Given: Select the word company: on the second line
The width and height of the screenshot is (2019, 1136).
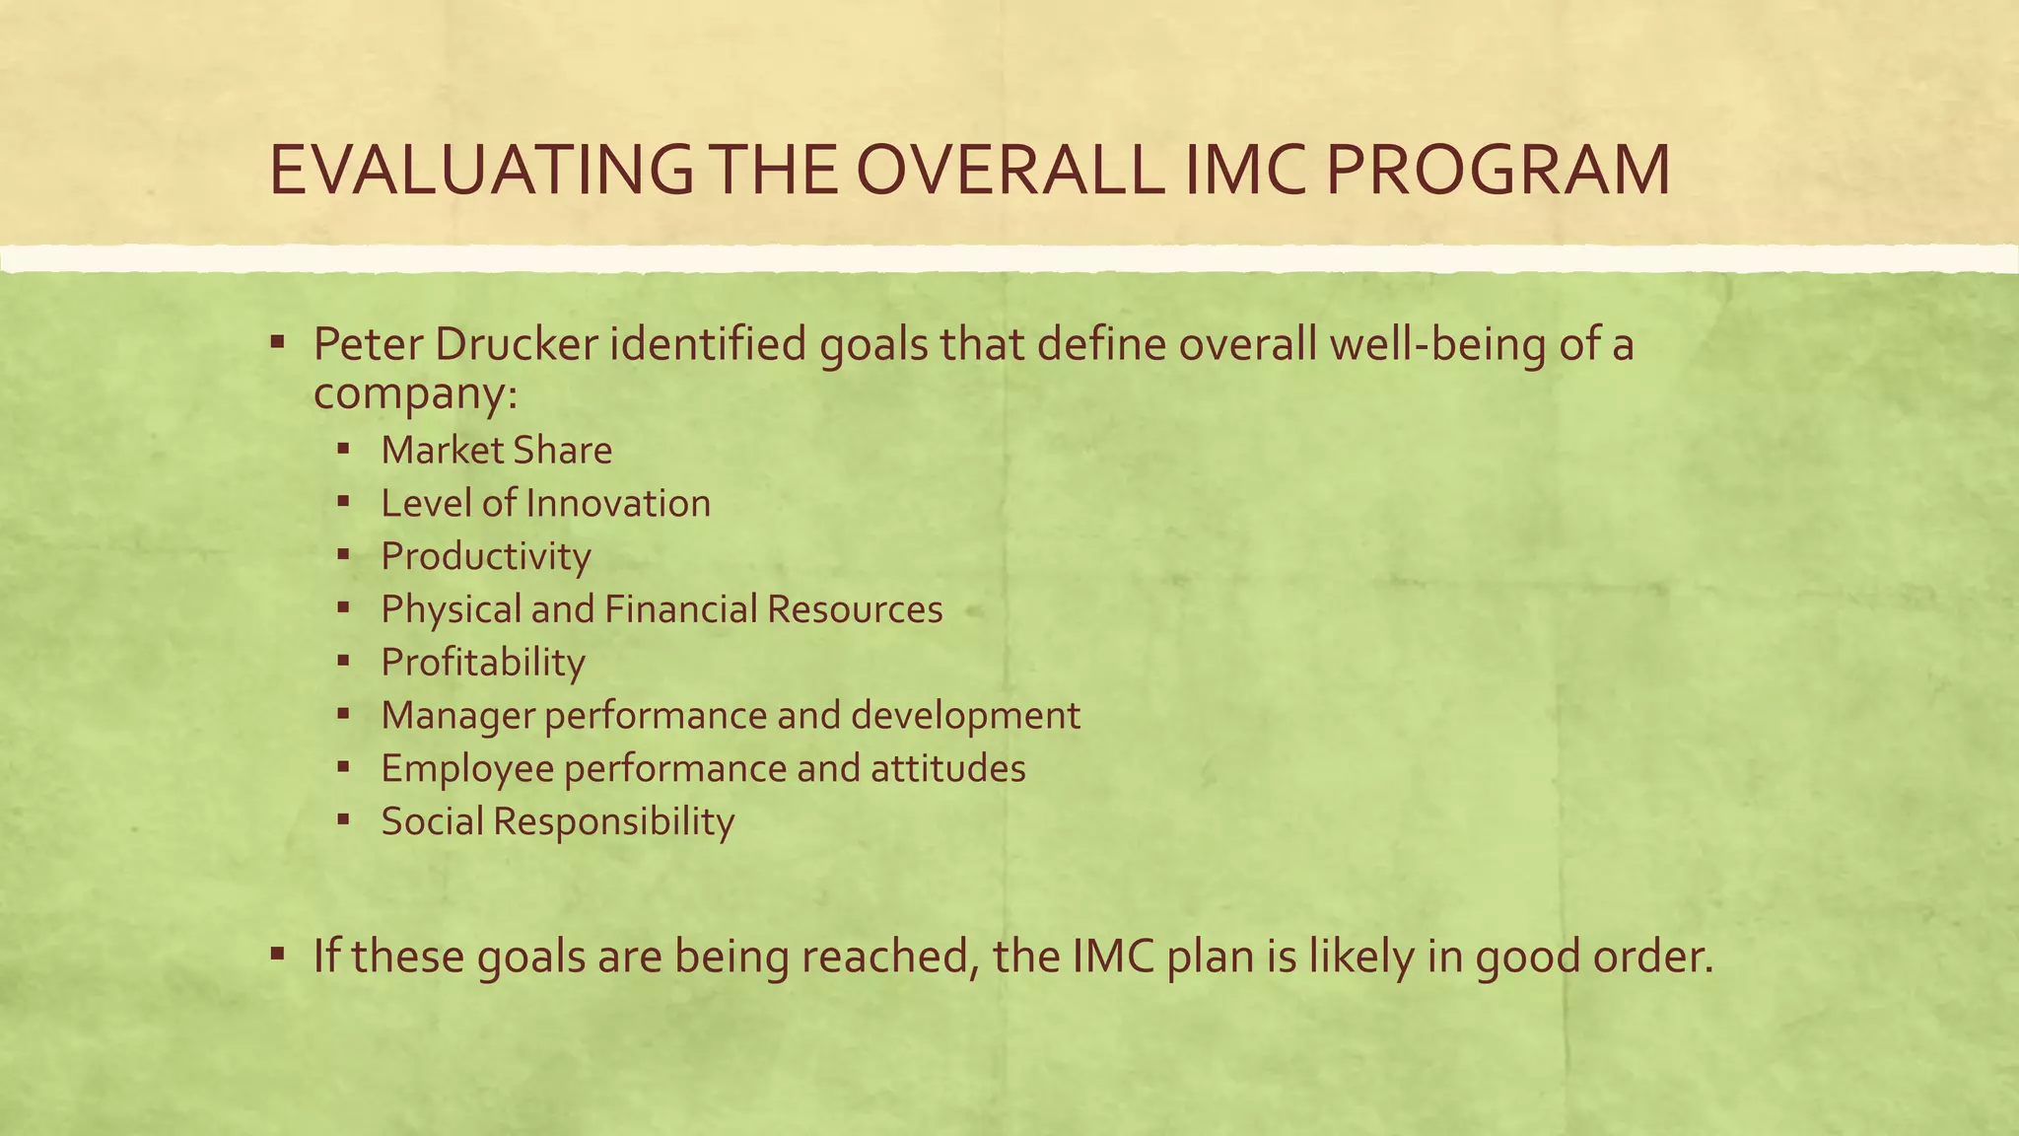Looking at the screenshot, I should [x=415, y=393].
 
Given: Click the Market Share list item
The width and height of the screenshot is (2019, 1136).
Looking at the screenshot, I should [x=496, y=451].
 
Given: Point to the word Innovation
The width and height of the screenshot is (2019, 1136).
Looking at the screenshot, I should [x=618, y=504].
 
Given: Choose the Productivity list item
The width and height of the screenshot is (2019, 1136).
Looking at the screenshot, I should [x=486, y=557].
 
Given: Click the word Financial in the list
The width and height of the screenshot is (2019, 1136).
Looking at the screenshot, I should [x=680, y=609].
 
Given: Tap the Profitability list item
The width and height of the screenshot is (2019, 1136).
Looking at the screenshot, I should [x=483, y=663].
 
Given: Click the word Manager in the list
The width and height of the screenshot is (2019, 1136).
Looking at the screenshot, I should [x=457, y=716].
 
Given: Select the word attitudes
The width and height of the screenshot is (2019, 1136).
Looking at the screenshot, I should [x=947, y=769].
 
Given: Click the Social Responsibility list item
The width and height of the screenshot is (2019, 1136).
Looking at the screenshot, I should [x=558, y=821].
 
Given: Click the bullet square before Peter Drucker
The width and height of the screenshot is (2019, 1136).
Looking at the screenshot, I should [x=278, y=343].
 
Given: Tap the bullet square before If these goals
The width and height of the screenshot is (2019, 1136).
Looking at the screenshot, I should [x=278, y=955].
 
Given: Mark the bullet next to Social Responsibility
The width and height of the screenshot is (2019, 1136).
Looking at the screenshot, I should [x=343, y=818].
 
